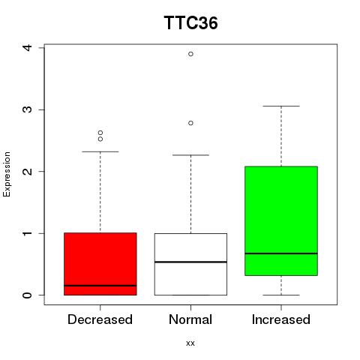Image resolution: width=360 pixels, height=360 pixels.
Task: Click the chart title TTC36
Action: tap(190, 23)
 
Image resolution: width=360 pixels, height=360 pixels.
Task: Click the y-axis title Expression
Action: tap(7, 174)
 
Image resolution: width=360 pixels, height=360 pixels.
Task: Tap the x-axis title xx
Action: tap(190, 343)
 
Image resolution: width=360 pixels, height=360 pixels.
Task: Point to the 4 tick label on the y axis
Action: tap(28, 47)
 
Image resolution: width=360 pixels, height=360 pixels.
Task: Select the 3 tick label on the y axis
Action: tap(28, 109)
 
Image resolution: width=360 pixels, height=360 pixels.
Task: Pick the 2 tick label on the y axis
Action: tap(28, 171)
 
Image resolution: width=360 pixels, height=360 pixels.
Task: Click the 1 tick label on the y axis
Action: tap(28, 233)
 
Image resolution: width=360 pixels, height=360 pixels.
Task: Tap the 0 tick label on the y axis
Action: tap(28, 295)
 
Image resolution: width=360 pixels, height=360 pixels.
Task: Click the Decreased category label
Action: tap(100, 319)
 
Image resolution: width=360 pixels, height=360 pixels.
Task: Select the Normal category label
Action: tap(190, 319)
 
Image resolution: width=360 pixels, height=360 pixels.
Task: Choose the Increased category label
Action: tap(281, 319)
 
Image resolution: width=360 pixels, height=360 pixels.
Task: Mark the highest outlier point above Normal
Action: tap(190, 54)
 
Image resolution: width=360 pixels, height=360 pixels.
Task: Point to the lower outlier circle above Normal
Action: tap(190, 123)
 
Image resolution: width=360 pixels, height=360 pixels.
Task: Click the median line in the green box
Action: tap(281, 253)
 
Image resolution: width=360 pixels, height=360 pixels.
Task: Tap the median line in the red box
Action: tap(100, 286)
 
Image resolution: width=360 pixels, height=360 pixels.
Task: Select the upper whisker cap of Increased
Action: tap(281, 106)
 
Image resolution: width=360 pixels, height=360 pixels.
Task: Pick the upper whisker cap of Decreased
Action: tap(100, 151)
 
